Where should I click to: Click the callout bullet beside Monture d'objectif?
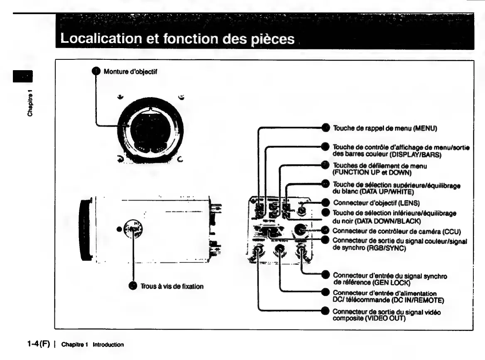click(95, 71)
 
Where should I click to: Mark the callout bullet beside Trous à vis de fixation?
click(133, 287)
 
